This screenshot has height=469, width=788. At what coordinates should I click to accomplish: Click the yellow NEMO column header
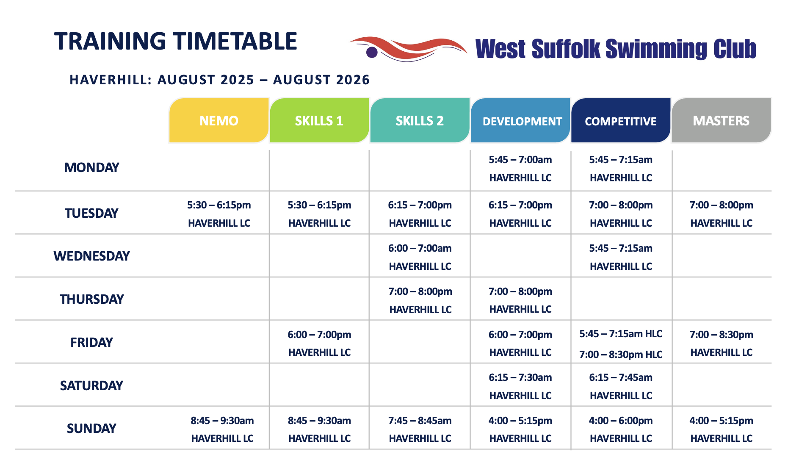[x=219, y=121]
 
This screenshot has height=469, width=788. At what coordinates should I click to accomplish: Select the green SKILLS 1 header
[x=319, y=121]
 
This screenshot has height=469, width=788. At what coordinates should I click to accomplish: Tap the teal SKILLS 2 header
[x=420, y=121]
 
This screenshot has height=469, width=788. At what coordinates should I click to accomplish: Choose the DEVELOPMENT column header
[x=520, y=121]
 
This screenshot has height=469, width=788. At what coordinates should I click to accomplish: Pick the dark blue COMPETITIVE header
[x=621, y=121]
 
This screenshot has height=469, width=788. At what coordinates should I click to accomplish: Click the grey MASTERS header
[x=721, y=121]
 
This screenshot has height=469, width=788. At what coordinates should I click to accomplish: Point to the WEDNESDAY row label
[x=91, y=256]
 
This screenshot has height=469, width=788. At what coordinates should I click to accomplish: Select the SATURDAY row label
[x=91, y=386]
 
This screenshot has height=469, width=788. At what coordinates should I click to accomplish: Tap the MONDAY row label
[x=91, y=167]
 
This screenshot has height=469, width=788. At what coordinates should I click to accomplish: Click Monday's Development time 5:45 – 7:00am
[x=520, y=160]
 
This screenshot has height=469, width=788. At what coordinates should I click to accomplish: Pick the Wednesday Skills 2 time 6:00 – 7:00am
[x=420, y=248]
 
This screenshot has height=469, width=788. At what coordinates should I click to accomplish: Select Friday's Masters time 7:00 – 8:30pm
[x=721, y=335]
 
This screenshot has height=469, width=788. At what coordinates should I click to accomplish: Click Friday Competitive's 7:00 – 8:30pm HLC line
[x=621, y=355]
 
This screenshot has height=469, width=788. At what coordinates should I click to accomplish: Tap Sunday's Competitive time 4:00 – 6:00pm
[x=621, y=421]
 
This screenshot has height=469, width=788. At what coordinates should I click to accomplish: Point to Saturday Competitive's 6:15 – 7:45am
[x=621, y=377]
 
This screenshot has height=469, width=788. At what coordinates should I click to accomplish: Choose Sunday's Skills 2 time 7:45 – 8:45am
[x=420, y=421]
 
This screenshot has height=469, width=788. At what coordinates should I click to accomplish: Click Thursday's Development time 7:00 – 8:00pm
[x=520, y=291]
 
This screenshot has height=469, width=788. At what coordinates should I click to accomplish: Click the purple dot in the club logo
[x=372, y=52]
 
